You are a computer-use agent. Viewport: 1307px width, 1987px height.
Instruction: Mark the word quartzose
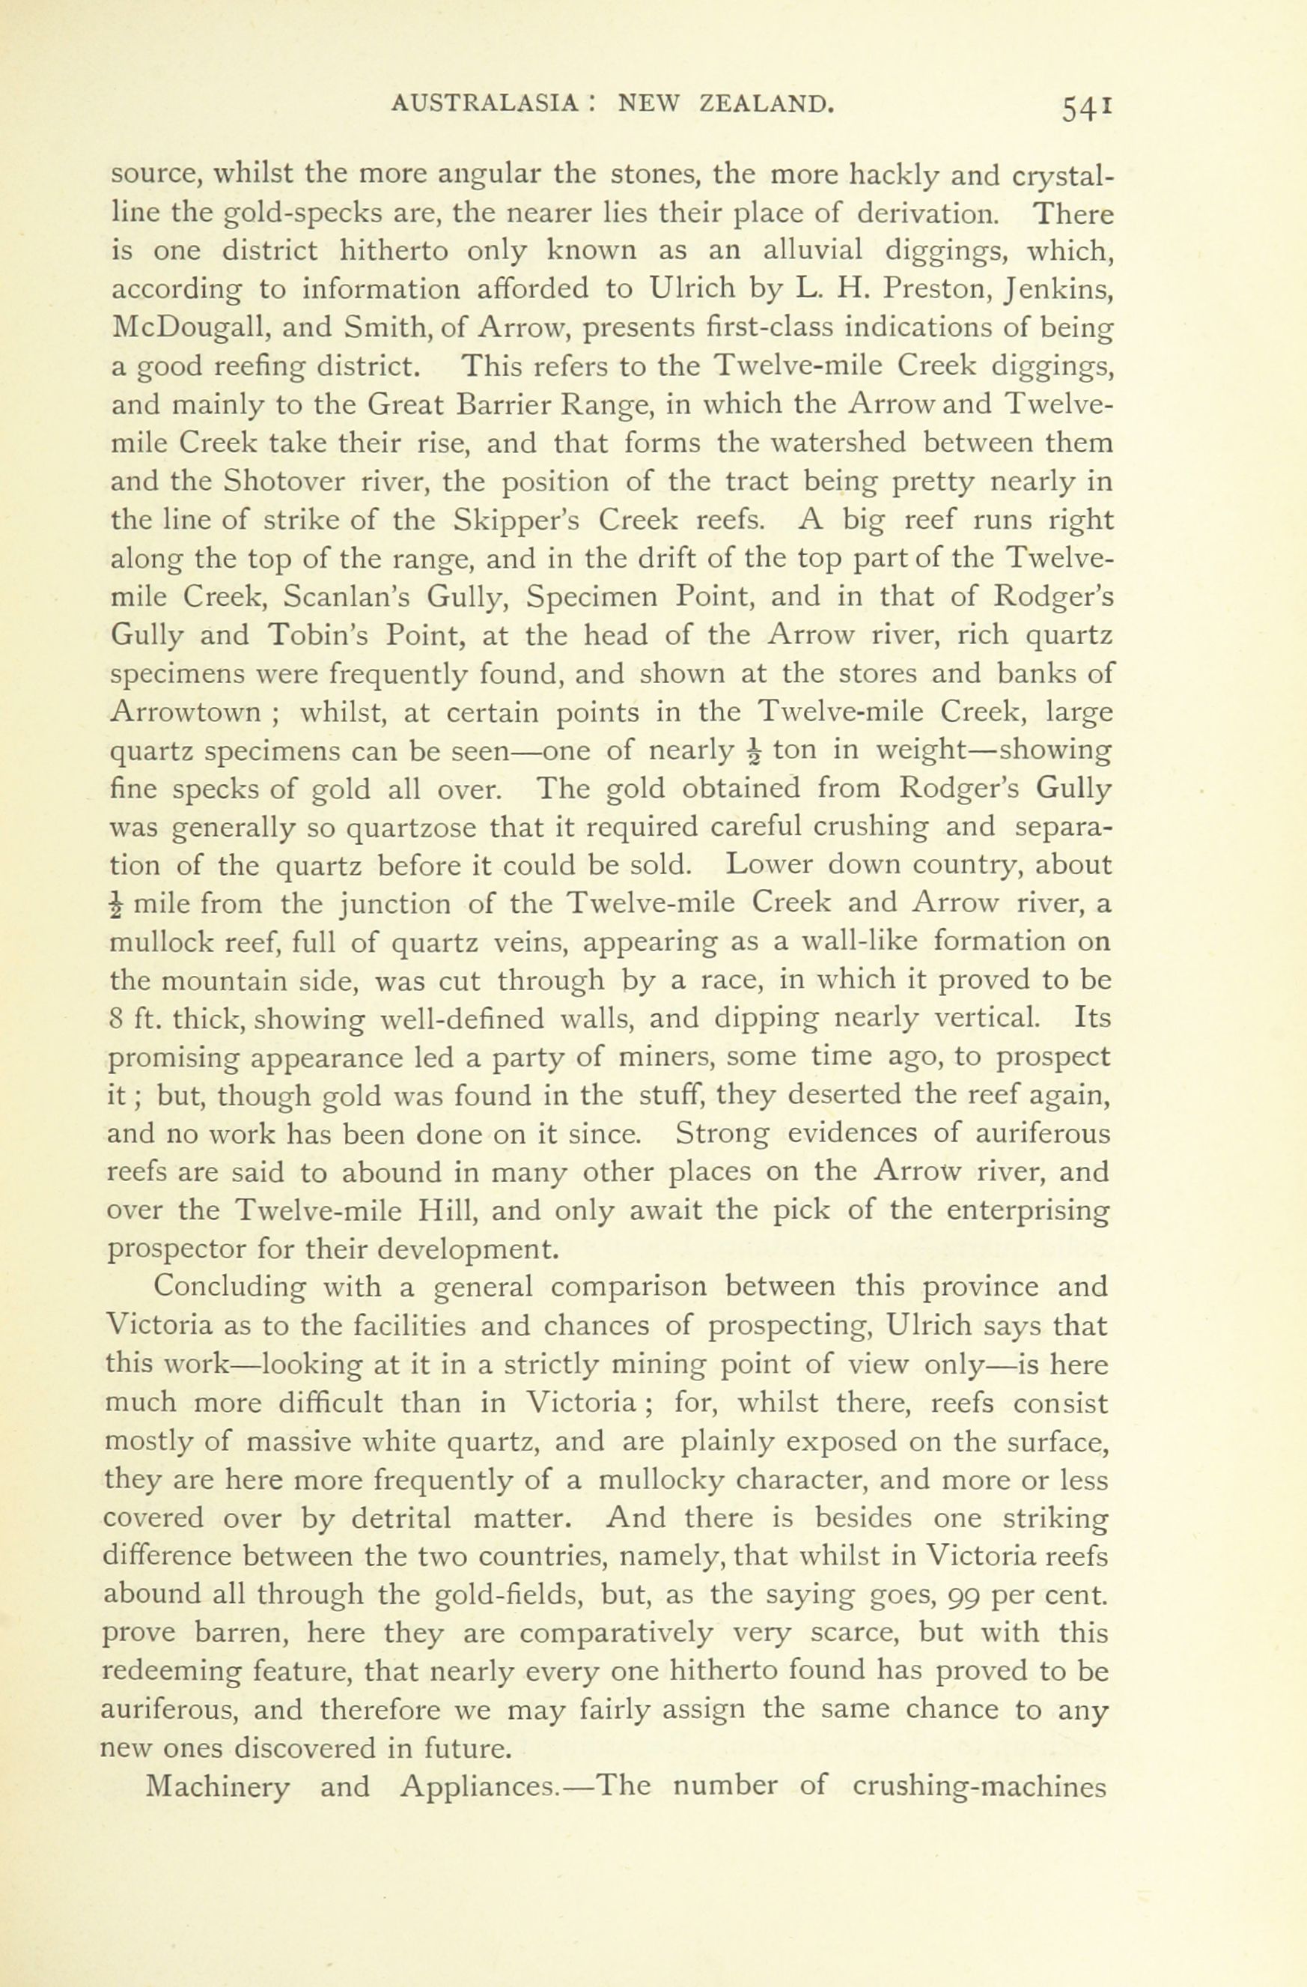coord(412,828)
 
